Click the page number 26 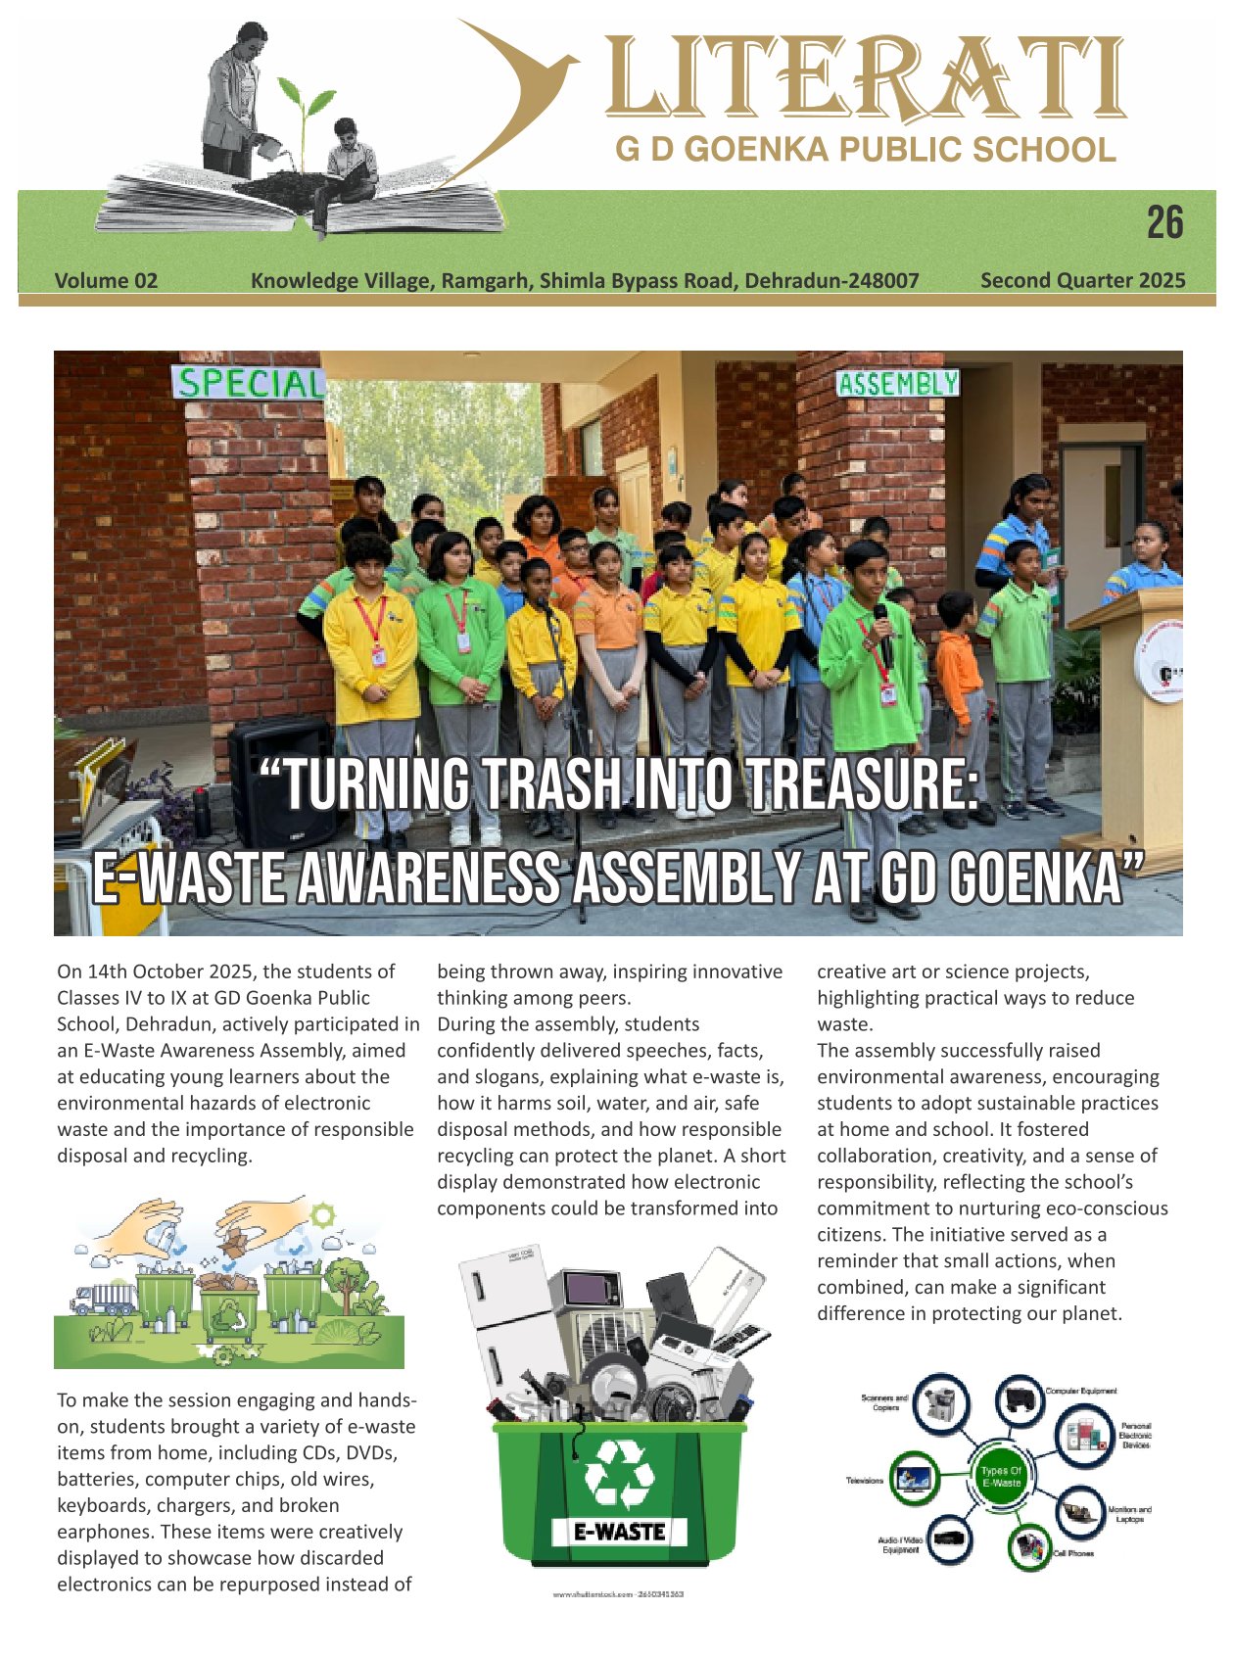1164,223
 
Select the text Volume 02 106,281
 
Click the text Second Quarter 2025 1082,281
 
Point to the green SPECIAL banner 249,383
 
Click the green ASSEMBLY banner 897,384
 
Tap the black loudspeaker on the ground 283,780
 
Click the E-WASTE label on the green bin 619,1532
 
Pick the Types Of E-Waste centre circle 1000,1477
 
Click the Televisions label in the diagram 865,1481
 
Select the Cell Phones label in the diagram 1073,1553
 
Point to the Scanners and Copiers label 884,1402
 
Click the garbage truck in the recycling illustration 103,1299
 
